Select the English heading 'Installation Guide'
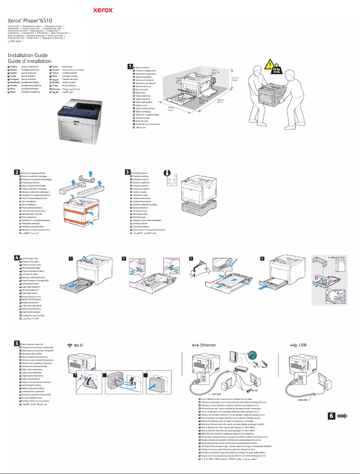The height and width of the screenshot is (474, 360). point(28,55)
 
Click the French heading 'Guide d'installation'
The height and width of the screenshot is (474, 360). point(30,61)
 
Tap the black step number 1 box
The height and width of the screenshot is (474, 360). point(130,66)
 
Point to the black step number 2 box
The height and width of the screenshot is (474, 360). point(17,172)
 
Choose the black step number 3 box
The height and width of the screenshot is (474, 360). point(128,172)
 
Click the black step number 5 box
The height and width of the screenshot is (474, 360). point(17,343)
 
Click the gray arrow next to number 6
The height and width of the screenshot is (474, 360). point(327,416)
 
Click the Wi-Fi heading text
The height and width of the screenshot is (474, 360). point(79,345)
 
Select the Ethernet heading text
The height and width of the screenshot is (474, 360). point(207,345)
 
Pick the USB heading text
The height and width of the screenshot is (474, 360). point(303,345)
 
